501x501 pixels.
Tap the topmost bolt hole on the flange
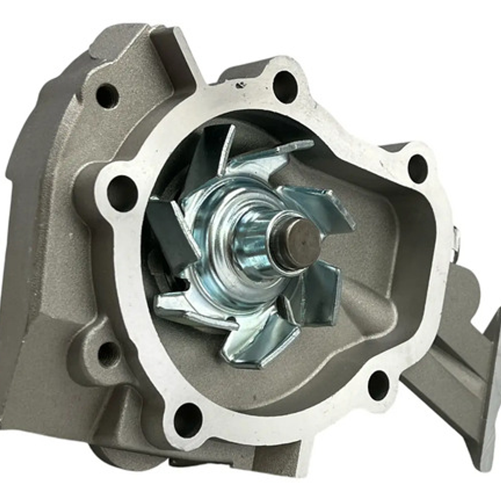tap(284, 86)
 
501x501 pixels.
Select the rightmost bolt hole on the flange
tap(417, 169)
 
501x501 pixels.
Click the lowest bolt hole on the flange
tap(188, 419)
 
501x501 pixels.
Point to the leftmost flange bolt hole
tap(122, 193)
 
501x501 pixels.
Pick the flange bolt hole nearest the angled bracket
tap(378, 385)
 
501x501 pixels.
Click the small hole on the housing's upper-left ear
tap(107, 96)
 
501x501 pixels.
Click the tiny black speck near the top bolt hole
tap(239, 85)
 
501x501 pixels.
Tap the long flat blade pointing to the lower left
tap(195, 311)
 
